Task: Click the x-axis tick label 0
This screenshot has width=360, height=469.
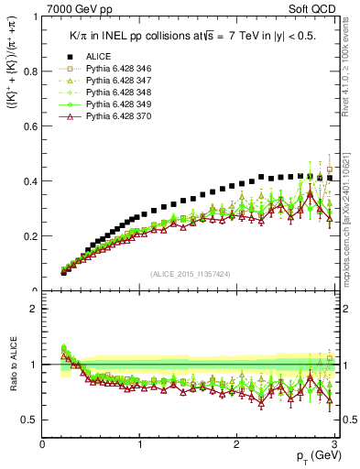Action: click(x=42, y=444)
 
